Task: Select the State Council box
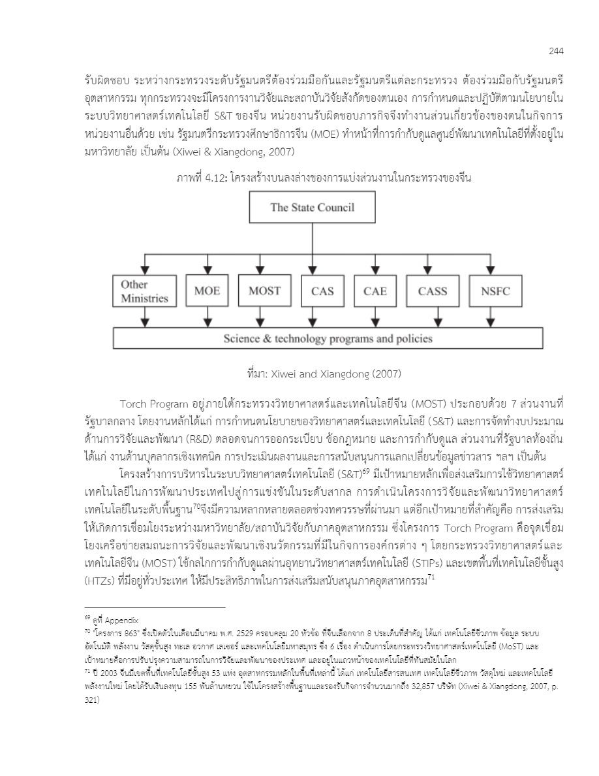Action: [x=313, y=208]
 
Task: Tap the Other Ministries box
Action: [x=144, y=291]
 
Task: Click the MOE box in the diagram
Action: [x=207, y=291]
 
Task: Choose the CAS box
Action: [x=322, y=291]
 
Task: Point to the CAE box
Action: [x=375, y=291]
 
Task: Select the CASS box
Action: [x=433, y=291]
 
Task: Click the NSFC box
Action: [x=495, y=291]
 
